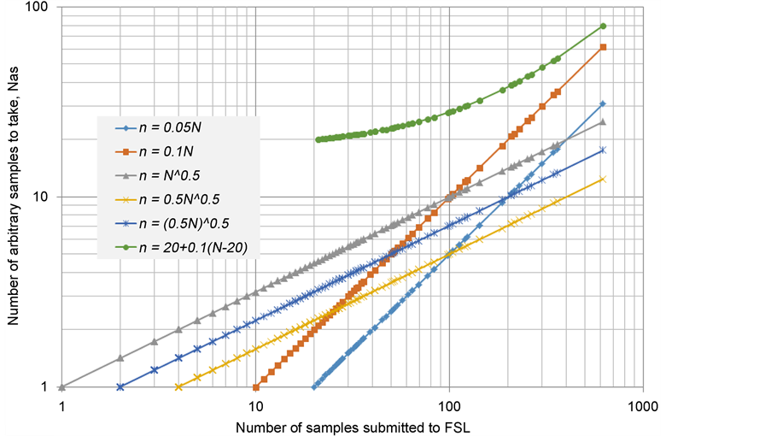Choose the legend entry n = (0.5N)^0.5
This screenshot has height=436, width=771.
click(x=180, y=225)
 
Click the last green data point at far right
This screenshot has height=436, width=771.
click(x=603, y=27)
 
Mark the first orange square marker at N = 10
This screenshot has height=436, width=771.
click(x=255, y=386)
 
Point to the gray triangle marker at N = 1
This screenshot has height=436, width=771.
click(x=61, y=386)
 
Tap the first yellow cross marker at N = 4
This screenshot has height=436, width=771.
click(x=178, y=386)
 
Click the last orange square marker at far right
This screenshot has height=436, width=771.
click(x=603, y=47)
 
